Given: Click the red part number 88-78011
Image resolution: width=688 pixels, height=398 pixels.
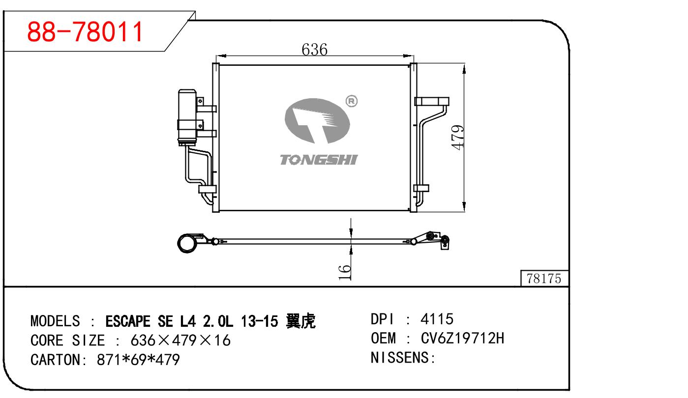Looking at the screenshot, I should (x=85, y=32).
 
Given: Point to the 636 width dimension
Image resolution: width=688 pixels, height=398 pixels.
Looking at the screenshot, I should (x=314, y=49).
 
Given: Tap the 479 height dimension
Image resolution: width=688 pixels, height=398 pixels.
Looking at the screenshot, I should (x=457, y=138).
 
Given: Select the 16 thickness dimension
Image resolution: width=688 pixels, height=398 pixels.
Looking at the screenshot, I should (x=345, y=272).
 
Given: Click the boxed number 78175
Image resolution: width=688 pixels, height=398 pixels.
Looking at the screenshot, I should (x=543, y=279).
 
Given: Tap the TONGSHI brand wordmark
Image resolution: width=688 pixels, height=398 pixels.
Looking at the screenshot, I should (x=319, y=160).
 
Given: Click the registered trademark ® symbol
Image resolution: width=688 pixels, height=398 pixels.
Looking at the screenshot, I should (x=352, y=101).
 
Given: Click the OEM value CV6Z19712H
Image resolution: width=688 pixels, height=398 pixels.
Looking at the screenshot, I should (x=463, y=339).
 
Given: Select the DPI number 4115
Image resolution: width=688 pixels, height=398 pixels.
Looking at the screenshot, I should (x=437, y=319).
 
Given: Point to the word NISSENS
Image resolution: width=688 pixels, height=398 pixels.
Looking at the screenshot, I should (x=400, y=358).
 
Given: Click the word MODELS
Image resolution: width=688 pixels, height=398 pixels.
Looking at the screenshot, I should (x=55, y=321).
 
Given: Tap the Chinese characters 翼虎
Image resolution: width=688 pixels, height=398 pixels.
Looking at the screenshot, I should (x=300, y=321).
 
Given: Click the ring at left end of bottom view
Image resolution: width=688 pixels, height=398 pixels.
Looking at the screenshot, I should (x=187, y=243).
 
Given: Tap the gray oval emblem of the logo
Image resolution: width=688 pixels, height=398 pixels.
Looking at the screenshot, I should (x=317, y=120).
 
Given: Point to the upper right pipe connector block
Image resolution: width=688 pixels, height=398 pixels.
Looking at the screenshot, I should (x=432, y=102).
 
